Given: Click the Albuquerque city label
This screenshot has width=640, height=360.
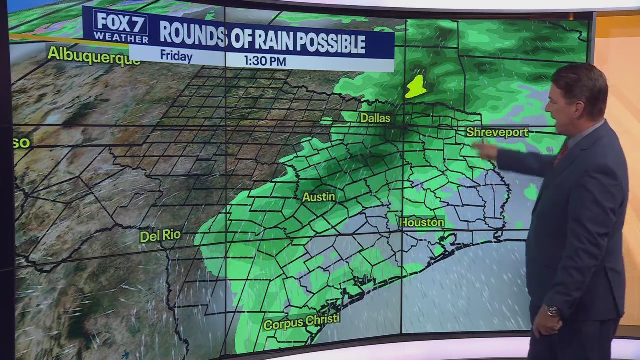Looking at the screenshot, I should click(93, 55).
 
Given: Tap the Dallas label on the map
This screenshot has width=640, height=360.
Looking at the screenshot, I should click(375, 118).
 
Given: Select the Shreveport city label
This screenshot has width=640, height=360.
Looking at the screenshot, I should click(497, 132).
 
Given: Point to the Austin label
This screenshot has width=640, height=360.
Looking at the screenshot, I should click(318, 197).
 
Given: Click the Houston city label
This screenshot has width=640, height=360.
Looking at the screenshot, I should click(422, 222).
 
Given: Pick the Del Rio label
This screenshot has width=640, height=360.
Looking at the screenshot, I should click(160, 235).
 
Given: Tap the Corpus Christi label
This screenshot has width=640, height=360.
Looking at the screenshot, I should click(301, 322).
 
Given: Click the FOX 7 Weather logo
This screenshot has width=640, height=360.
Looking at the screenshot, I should click(121, 26).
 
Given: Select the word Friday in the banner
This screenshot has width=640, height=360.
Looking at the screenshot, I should click(176, 56).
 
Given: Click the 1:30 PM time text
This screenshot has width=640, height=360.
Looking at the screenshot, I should click(265, 61).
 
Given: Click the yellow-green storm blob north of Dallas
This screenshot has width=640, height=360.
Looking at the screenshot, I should click(416, 87).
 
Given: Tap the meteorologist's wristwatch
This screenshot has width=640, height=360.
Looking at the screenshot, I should click(552, 311).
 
